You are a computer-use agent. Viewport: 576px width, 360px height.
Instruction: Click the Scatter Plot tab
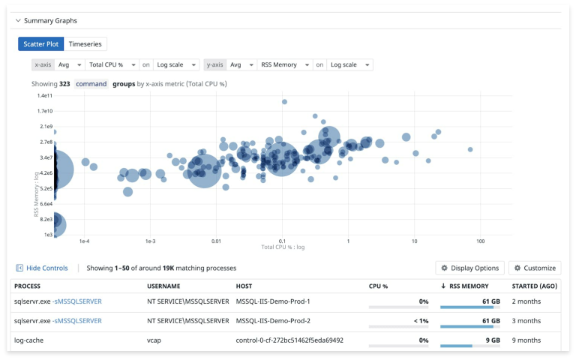point(41,44)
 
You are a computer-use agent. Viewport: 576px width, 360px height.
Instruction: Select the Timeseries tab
point(85,44)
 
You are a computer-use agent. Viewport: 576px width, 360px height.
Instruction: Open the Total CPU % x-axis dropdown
point(112,65)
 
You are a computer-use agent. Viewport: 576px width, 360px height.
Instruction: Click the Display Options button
point(469,268)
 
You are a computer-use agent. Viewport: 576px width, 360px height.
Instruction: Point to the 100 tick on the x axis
point(481,241)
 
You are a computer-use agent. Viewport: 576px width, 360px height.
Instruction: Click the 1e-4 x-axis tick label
point(84,241)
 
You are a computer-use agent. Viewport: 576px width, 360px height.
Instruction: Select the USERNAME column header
point(163,286)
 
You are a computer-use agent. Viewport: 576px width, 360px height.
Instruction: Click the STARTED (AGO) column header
point(534,286)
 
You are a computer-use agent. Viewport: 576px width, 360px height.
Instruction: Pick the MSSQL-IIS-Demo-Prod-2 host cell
point(273,320)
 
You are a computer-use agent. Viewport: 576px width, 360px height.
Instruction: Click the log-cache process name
point(28,340)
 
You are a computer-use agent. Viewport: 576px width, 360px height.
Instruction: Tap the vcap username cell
point(155,340)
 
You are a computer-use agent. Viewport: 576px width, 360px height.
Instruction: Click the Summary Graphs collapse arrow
point(18,21)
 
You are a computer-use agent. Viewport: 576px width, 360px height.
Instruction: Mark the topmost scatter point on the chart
point(284,102)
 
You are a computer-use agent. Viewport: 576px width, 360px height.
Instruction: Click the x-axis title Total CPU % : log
point(281,247)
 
